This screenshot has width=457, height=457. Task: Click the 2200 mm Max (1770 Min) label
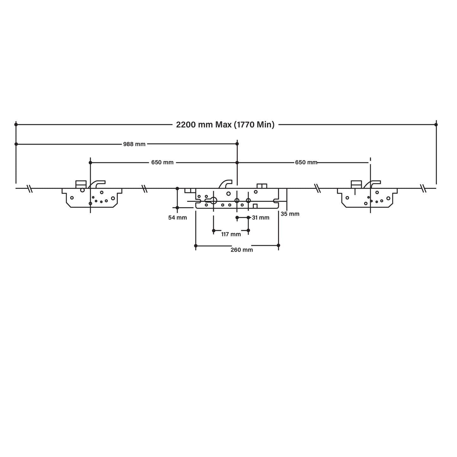click(x=225, y=125)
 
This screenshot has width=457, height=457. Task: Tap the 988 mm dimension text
click(x=134, y=144)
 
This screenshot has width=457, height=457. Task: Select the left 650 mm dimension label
click(x=163, y=163)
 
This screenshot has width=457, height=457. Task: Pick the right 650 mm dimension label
click(x=306, y=163)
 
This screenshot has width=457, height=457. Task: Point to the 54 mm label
click(x=178, y=218)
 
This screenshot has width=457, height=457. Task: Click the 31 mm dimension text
click(x=261, y=218)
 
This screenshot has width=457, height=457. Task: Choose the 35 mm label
click(x=290, y=214)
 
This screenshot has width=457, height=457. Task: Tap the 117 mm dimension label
click(x=231, y=234)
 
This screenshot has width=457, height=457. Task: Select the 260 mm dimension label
click(x=242, y=250)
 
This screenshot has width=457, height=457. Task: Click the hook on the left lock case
click(x=97, y=184)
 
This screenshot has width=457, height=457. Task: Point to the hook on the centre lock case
click(x=225, y=184)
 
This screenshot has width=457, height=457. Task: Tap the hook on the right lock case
click(x=372, y=184)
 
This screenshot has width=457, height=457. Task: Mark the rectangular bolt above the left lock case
click(x=81, y=184)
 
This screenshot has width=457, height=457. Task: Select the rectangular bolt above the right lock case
click(x=356, y=184)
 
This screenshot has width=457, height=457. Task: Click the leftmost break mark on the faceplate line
click(x=30, y=188)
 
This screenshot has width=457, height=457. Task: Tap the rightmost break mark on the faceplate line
click(x=423, y=188)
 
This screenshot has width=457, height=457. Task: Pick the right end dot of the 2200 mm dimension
click(x=436, y=125)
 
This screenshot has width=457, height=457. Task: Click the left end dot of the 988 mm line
click(x=16, y=144)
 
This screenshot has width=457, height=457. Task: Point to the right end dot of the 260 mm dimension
click(x=278, y=245)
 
